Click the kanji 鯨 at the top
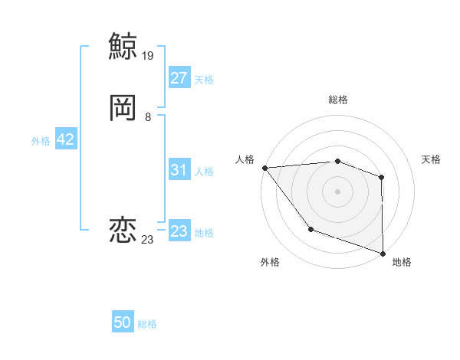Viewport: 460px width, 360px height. click(123, 46)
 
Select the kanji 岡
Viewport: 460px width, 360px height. click(123, 108)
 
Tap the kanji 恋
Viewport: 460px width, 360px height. click(123, 231)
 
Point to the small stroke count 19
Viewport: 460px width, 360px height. click(149, 55)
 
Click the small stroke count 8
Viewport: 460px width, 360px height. click(148, 117)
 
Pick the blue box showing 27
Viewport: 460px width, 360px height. click(179, 78)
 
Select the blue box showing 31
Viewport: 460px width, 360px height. click(179, 171)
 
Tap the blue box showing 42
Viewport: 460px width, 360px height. click(65, 139)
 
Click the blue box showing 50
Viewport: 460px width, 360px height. click(123, 323)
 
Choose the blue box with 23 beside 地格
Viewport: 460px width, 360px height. click(179, 231)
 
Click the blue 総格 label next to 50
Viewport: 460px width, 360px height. click(147, 324)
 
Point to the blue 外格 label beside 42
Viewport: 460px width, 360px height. click(41, 140)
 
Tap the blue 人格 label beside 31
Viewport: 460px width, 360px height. click(204, 172)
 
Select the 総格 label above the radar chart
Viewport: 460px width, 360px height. click(337, 100)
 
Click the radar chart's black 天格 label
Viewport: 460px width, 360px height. click(431, 159)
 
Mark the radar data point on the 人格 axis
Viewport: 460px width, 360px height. click(264, 168)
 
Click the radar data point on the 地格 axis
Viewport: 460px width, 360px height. click(383, 253)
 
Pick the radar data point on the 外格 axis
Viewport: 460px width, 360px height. click(310, 229)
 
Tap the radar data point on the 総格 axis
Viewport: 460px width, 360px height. click(337, 161)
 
